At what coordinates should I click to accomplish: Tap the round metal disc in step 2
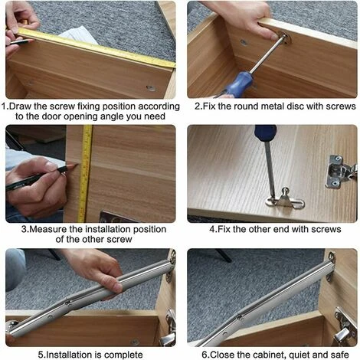(x=284, y=38)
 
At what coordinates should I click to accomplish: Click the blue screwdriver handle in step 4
(x=266, y=133)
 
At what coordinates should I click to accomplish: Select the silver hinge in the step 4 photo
(x=341, y=171)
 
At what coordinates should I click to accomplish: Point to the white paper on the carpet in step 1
(x=78, y=34)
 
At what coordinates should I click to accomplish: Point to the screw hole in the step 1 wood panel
(x=151, y=88)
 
